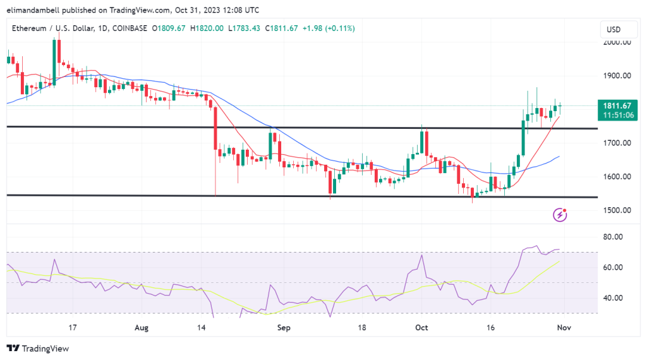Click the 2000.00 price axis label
pyautogui.click(x=616, y=43)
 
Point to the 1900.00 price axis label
pyautogui.click(x=616, y=76)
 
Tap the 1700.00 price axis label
pyautogui.click(x=616, y=143)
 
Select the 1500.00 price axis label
pyautogui.click(x=616, y=210)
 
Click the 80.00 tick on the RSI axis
pyautogui.click(x=614, y=237)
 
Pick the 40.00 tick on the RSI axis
pyautogui.click(x=614, y=298)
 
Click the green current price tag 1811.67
pyautogui.click(x=617, y=106)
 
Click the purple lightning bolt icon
pyautogui.click(x=560, y=215)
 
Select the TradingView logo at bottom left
pyautogui.click(x=38, y=349)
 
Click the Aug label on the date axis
pyautogui.click(x=142, y=328)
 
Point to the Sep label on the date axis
pyautogui.click(x=284, y=328)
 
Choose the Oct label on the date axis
pyautogui.click(x=421, y=328)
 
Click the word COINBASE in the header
pyautogui.click(x=130, y=28)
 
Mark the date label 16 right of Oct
pyautogui.click(x=490, y=328)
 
